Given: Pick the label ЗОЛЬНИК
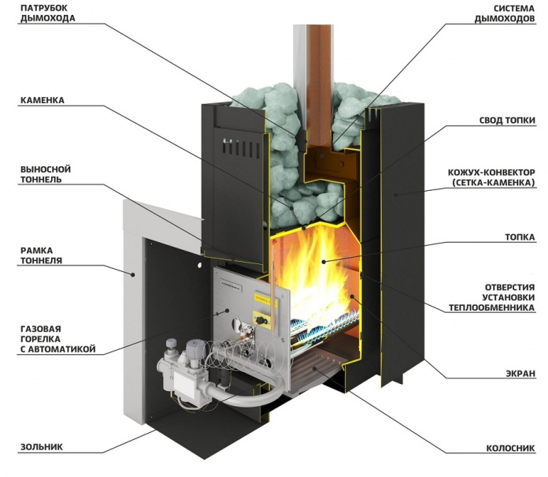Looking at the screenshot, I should pyautogui.click(x=39, y=446).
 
